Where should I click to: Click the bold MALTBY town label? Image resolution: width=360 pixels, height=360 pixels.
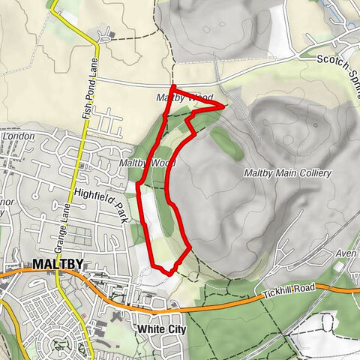pyautogui.click(x=57, y=265)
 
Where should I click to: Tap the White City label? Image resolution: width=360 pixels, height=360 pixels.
pyautogui.click(x=162, y=328)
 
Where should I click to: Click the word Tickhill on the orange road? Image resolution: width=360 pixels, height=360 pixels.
pyautogui.click(x=281, y=293)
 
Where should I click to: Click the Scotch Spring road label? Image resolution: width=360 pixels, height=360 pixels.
pyautogui.click(x=337, y=70)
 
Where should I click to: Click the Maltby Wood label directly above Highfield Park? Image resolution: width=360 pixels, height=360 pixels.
pyautogui.click(x=146, y=163)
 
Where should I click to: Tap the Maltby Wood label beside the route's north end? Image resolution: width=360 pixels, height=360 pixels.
pyautogui.click(x=184, y=98)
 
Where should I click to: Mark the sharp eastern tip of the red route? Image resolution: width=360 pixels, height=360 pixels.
pyautogui.click(x=223, y=106)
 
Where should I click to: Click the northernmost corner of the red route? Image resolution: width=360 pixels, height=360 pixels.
pyautogui.click(x=172, y=88)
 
